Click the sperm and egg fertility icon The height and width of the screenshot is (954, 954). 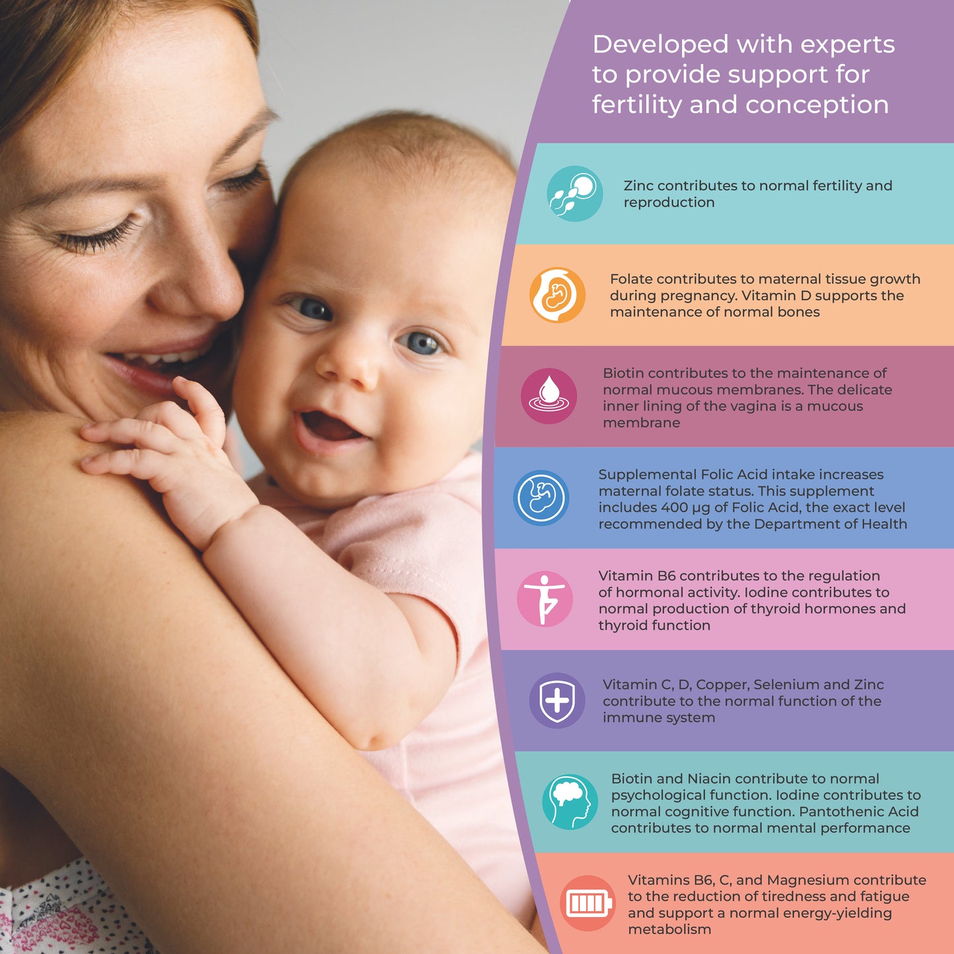[574, 193]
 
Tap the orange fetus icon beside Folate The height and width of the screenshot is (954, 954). [557, 295]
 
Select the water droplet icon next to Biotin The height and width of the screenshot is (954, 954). [549, 395]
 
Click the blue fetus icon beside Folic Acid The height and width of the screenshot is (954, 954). [541, 498]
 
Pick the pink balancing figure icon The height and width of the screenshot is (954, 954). [544, 599]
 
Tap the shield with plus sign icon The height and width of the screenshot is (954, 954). [557, 700]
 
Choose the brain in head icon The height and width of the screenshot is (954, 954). [570, 801]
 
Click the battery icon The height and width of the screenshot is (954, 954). [587, 903]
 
